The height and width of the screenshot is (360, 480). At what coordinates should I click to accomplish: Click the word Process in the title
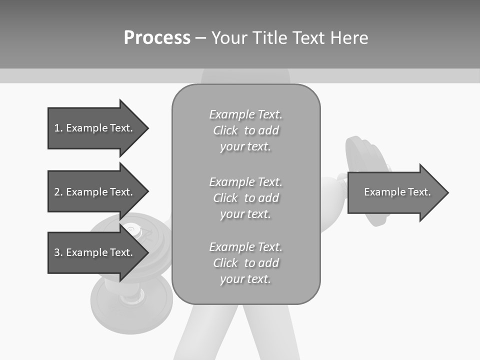(157, 37)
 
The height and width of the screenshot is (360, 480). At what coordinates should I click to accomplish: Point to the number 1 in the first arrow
(57, 128)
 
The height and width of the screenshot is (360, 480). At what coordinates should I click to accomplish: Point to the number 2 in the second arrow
(57, 192)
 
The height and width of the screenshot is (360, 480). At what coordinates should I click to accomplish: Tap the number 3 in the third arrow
(57, 252)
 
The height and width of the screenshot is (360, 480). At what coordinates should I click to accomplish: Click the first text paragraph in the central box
(245, 130)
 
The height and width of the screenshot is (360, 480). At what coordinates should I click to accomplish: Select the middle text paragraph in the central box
(245, 197)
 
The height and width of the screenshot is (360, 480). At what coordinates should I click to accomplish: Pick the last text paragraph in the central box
(245, 262)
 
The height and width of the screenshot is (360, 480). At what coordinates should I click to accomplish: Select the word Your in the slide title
(229, 37)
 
